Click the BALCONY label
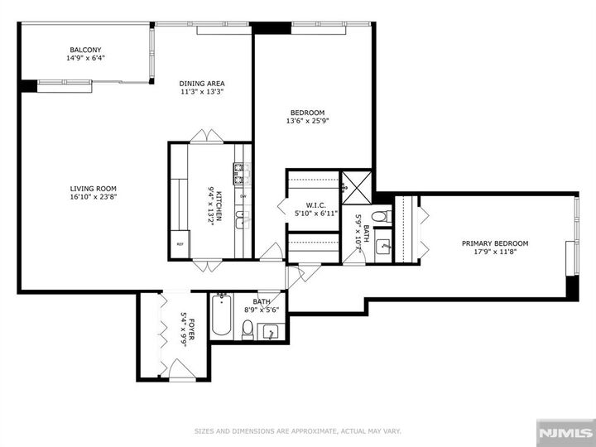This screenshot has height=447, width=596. coord(85,50)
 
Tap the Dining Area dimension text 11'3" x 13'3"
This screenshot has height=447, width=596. coord(202,92)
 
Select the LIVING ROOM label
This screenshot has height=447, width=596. coord(93,188)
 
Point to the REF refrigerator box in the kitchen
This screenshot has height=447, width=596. coord(180,243)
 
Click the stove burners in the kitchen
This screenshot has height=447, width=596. coord(239,173)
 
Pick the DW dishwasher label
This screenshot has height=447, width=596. coord(243,195)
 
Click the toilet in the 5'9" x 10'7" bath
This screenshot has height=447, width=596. coord(379,217)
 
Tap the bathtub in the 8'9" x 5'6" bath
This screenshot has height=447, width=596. coord(220,316)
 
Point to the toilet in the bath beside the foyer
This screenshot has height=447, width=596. coord(247,331)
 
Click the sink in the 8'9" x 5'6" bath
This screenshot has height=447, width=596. coord(271,332)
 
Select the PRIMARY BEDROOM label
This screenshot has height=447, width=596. coord(494,243)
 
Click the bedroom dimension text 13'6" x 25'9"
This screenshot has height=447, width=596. coord(306,121)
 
